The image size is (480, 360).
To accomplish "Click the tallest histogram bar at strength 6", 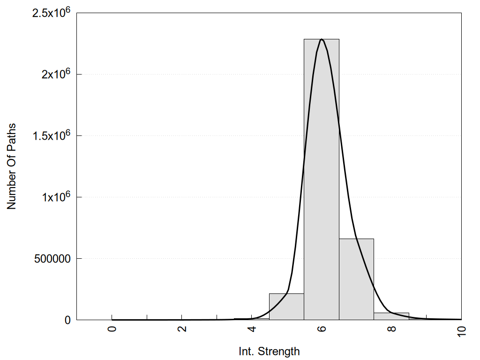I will [x=322, y=178].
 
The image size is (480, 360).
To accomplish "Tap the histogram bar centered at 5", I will [x=286, y=307].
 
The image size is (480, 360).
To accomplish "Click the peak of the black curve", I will [x=322, y=39].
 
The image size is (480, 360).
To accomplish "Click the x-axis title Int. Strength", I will [x=269, y=351].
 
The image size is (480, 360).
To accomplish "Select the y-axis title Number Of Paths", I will [x=12, y=166].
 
